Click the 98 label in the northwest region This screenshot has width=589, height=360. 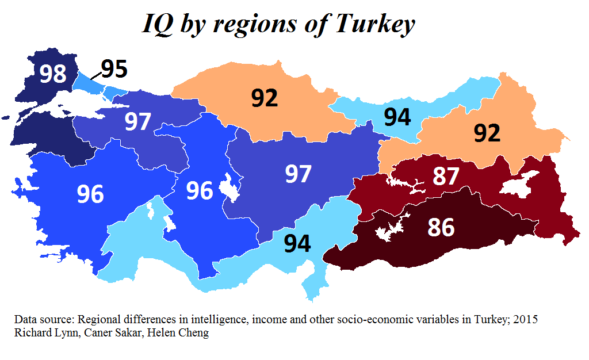53,74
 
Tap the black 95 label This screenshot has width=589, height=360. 114,68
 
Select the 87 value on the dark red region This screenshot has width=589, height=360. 446,177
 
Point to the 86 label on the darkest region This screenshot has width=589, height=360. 441,228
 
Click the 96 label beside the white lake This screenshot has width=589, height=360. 200,191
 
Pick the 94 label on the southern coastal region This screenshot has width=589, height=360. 297,243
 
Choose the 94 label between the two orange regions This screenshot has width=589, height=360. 397,117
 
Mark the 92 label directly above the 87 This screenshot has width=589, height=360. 487,133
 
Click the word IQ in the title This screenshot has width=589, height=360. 157,24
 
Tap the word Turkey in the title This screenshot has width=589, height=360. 374,24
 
